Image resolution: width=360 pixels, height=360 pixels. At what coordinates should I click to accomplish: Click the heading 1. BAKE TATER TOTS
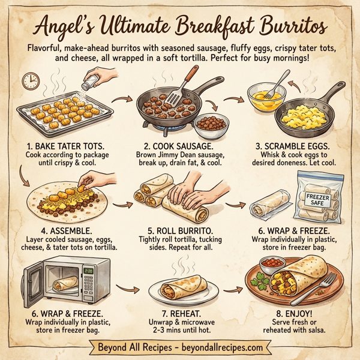61,146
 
